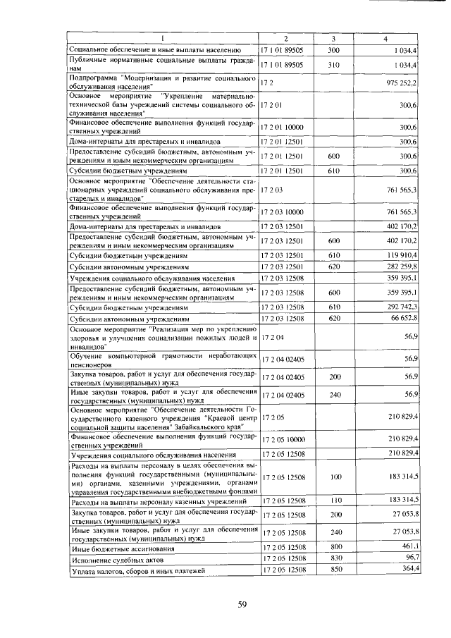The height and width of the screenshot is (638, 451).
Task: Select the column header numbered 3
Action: (334, 38)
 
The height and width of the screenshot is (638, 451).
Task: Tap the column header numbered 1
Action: (163, 38)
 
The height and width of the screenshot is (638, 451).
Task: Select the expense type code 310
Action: (334, 64)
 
